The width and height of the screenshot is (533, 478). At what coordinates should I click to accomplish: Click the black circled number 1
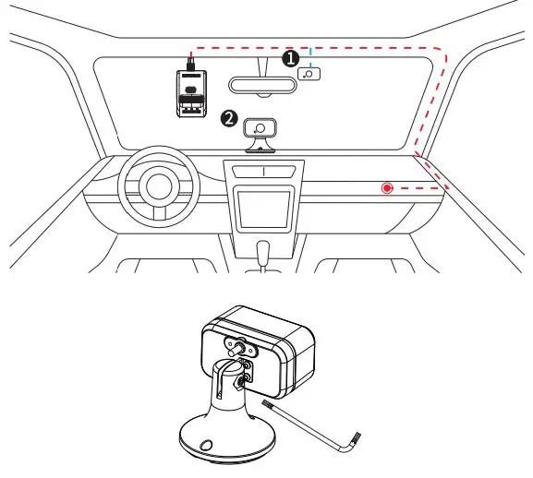289,58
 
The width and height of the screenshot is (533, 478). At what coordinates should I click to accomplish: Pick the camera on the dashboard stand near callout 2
261,128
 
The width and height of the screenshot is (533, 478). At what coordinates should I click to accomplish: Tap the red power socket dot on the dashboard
387,188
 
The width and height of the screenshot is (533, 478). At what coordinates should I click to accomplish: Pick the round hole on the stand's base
205,442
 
